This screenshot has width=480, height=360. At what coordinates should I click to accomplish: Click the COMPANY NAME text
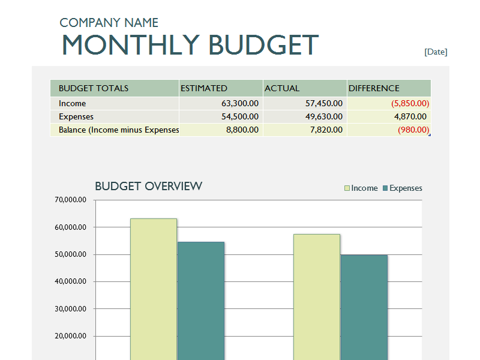pyautogui.click(x=109, y=23)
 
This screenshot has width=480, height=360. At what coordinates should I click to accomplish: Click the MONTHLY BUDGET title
pyautogui.click(x=190, y=46)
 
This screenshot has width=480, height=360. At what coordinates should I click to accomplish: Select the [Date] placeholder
pyautogui.click(x=436, y=52)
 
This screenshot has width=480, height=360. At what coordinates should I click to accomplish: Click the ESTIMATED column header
pyautogui.click(x=204, y=88)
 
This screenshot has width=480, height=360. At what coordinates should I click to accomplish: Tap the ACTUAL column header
pyautogui.click(x=282, y=88)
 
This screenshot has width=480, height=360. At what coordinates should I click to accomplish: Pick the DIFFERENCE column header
pyautogui.click(x=374, y=88)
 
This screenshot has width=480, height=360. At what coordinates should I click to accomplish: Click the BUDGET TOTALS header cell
pyautogui.click(x=94, y=88)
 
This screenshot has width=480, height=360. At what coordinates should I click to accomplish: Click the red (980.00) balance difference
pyautogui.click(x=413, y=130)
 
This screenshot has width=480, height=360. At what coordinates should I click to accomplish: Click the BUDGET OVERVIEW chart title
pyautogui.click(x=149, y=186)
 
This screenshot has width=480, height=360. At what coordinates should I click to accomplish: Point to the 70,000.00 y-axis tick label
pyautogui.click(x=70, y=200)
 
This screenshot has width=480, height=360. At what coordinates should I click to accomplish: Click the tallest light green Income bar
pyautogui.click(x=153, y=288)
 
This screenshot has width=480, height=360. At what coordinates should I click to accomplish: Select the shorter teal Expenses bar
pyautogui.click(x=364, y=306)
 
